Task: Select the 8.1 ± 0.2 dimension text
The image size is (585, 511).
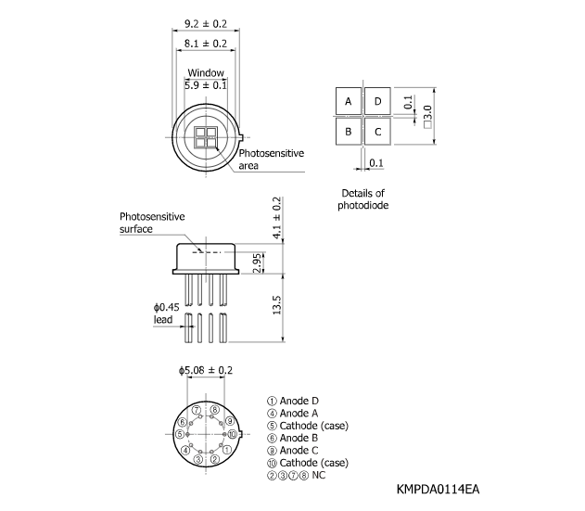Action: tap(206, 43)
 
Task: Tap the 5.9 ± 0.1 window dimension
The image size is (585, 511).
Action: tap(206, 85)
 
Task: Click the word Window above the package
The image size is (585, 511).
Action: tap(205, 72)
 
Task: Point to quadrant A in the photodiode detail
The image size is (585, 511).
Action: tap(349, 101)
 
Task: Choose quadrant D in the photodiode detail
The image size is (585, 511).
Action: tap(377, 101)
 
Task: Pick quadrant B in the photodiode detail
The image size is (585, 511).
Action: tap(349, 131)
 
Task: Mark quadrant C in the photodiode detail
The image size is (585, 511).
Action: tap(377, 131)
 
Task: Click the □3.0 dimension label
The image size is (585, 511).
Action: tap(427, 116)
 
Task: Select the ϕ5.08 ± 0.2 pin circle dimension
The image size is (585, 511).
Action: tap(206, 370)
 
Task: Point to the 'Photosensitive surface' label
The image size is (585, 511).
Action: tap(152, 222)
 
